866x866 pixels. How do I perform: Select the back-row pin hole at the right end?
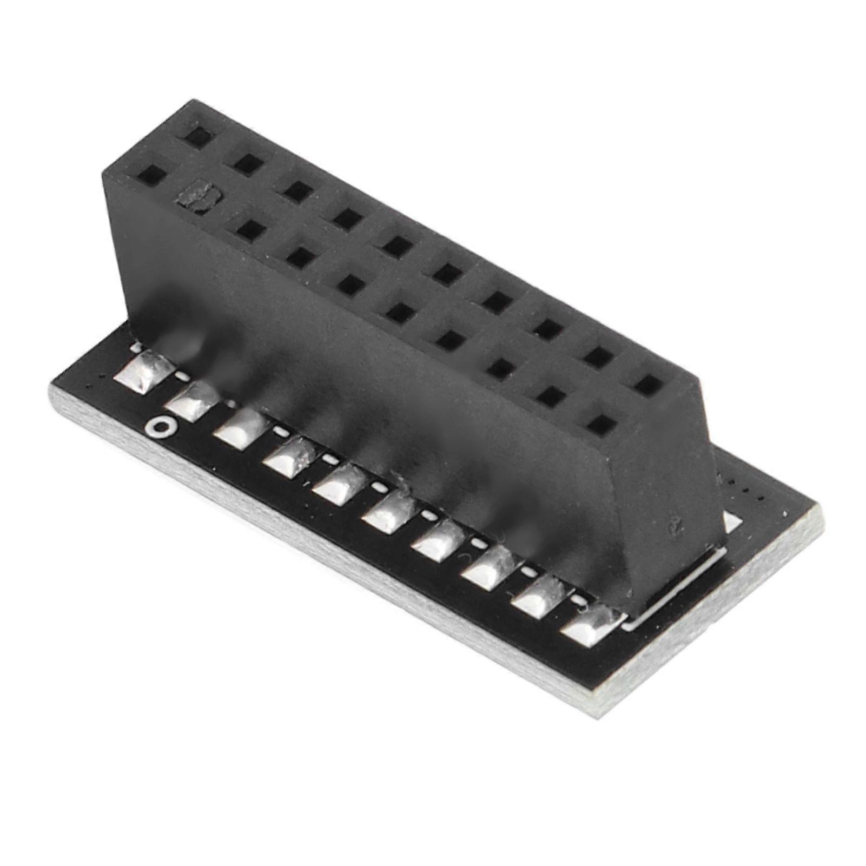point(648,385)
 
